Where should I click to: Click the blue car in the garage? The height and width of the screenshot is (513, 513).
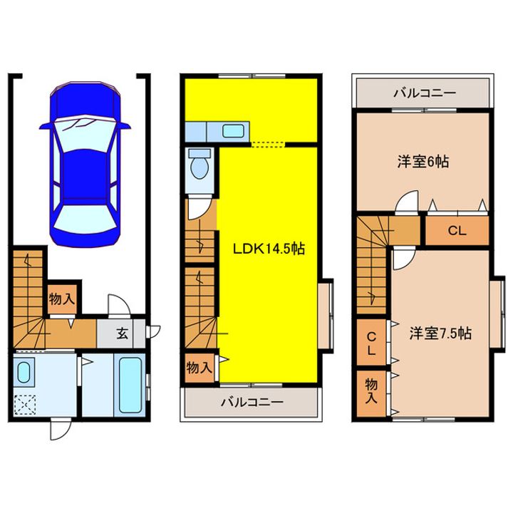84,164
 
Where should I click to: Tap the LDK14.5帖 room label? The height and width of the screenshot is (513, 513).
269,249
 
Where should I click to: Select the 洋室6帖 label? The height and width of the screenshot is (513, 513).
423,162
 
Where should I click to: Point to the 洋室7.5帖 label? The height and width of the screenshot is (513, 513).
440,333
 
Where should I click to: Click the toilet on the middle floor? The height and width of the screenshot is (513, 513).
199,164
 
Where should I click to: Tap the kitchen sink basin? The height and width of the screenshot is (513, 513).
233,131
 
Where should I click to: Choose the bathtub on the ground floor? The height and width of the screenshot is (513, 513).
130,385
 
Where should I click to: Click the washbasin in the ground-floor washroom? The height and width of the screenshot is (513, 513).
24,373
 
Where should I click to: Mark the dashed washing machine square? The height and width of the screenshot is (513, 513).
25,405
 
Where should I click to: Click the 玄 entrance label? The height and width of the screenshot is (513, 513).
123,333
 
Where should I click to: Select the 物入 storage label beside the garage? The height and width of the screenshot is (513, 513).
62,299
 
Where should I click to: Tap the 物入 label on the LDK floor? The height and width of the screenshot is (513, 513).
199,368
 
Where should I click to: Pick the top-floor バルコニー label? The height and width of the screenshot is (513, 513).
425,93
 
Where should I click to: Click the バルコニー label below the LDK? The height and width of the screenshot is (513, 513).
252,402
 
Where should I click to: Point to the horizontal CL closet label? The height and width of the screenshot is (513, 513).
457,231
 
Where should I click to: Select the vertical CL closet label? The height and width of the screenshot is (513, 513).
371,343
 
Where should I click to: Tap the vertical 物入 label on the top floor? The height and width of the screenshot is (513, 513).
371,390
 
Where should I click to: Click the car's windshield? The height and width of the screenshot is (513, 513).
85,135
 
